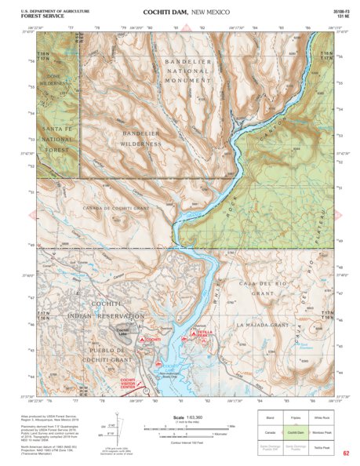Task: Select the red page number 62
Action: click(346, 453)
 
